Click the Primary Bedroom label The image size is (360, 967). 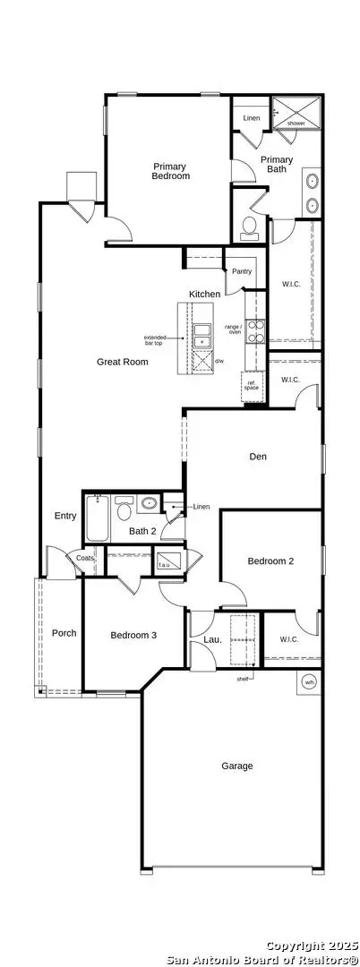(x=171, y=171)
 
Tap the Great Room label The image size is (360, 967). (x=123, y=362)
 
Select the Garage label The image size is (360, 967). (x=237, y=766)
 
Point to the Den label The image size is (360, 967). (x=259, y=457)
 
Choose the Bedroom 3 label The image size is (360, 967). (x=133, y=636)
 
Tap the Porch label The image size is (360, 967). (x=64, y=633)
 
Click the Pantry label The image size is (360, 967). (x=242, y=271)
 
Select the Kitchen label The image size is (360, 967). (x=204, y=294)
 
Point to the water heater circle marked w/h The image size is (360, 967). (x=309, y=681)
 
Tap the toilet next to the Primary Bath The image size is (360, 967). (x=249, y=228)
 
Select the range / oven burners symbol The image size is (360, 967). (x=257, y=331)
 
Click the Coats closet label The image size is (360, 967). (x=84, y=558)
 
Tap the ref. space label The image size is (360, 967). (x=253, y=386)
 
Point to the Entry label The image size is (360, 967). (x=65, y=516)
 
